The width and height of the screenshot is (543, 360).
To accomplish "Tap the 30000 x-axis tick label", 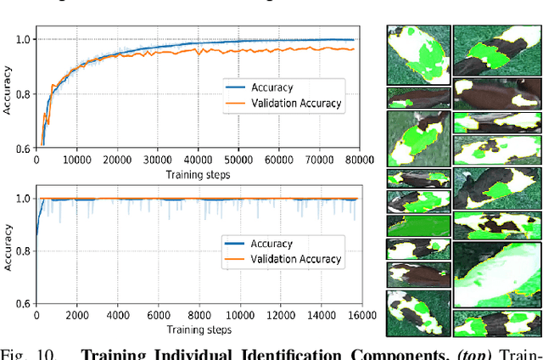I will point(157,158).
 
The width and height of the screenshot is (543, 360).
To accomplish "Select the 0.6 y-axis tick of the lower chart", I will point(25,303).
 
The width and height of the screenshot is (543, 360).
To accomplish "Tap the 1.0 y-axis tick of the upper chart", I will point(25,39).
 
